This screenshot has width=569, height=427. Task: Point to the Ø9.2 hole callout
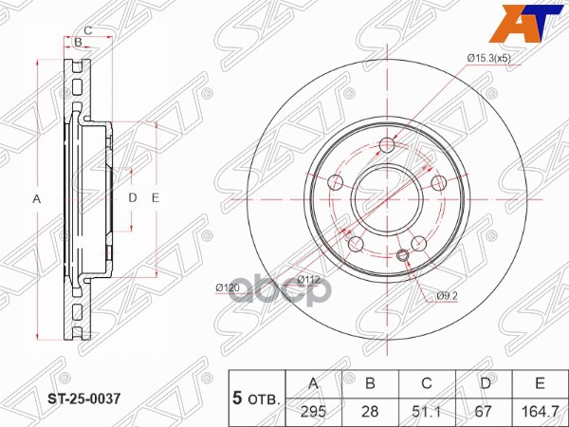point(448,297)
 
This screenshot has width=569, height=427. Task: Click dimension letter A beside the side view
point(37,199)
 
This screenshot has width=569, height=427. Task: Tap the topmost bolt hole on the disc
point(387,145)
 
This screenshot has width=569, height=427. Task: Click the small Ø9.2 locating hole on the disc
point(402,255)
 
